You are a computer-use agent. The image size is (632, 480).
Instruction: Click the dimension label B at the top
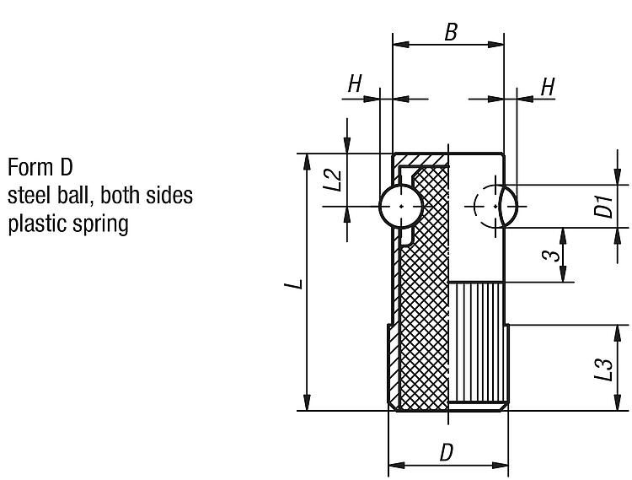pyautogui.click(x=450, y=33)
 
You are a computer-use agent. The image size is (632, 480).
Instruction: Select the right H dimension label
pyautogui.click(x=548, y=86)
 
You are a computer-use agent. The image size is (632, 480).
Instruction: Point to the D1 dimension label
pyautogui.click(x=603, y=206)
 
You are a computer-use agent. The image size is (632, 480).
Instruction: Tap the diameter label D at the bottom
pyautogui.click(x=447, y=453)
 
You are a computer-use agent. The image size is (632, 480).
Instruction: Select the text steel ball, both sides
pyautogui.click(x=100, y=196)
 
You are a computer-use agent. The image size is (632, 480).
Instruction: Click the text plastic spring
pyautogui.click(x=67, y=225)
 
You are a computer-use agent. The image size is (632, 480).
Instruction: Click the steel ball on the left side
pyautogui.click(x=401, y=206)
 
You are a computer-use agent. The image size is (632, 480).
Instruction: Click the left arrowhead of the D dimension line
pyautogui.click(x=394, y=464)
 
